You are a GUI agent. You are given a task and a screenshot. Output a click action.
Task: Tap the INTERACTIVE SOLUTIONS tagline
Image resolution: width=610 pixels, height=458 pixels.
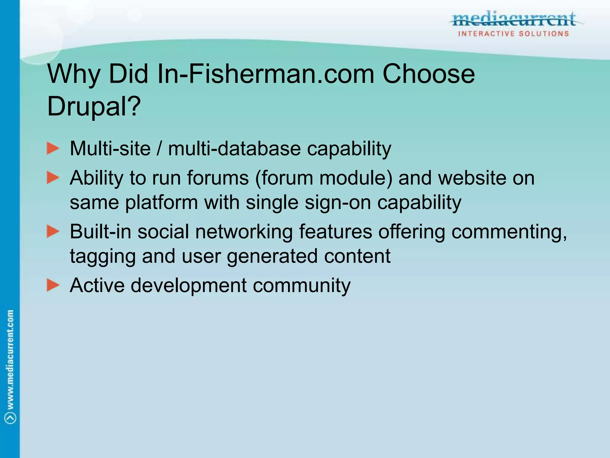[514, 34]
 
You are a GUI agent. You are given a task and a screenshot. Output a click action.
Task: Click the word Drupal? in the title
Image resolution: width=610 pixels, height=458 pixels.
[94, 106]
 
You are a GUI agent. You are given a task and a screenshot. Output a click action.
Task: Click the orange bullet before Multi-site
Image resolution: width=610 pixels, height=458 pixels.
[53, 148]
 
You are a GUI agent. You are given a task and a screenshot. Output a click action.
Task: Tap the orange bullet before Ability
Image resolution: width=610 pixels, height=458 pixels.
[53, 178]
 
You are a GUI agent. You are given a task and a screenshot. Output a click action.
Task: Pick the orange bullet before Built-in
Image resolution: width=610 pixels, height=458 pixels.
[53, 231]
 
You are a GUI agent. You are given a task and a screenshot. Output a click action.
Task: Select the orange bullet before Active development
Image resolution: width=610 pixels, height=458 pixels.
[53, 285]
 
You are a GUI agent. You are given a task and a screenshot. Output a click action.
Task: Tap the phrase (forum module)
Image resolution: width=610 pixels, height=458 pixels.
[324, 178]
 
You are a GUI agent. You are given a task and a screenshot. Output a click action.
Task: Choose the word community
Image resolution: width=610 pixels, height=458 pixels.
[301, 285]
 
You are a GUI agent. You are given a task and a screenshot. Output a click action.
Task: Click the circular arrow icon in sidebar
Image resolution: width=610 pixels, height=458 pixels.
[10, 418]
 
